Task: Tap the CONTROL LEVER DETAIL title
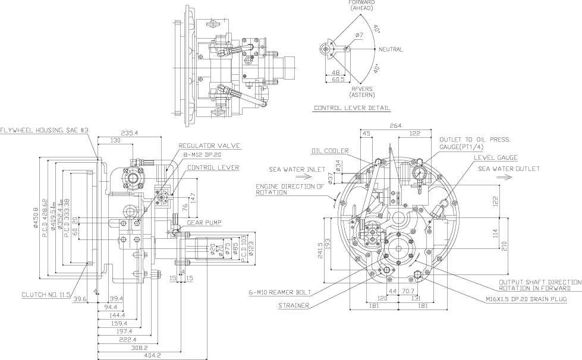click(x=352, y=108)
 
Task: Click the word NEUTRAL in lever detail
click(x=391, y=49)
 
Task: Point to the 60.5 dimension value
click(x=338, y=79)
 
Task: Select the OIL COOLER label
click(x=328, y=150)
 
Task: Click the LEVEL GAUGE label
click(x=496, y=157)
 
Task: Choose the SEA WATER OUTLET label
click(x=509, y=169)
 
